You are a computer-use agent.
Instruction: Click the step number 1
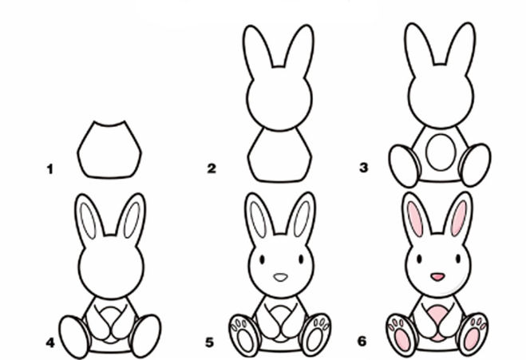50,168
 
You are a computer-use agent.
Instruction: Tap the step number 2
212,168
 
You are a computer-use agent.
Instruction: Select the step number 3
364,167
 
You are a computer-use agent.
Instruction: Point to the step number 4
50,342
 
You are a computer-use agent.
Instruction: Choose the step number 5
210,342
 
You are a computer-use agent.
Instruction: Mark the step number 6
362,341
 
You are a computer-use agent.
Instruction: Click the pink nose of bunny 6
437,277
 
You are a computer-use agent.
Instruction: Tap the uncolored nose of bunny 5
280,277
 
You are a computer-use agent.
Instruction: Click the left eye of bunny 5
262,259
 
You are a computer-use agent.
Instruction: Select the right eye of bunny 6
458,259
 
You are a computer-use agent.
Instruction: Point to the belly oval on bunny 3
441,152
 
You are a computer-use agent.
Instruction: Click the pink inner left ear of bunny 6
414,219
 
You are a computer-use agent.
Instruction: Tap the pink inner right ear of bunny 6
459,218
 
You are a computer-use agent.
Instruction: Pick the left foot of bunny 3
405,166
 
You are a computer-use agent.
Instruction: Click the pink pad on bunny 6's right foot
472,339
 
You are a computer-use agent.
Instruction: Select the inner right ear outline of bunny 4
132,220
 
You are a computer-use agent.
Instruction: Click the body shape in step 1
109,150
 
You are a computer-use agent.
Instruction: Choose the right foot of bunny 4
145,336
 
